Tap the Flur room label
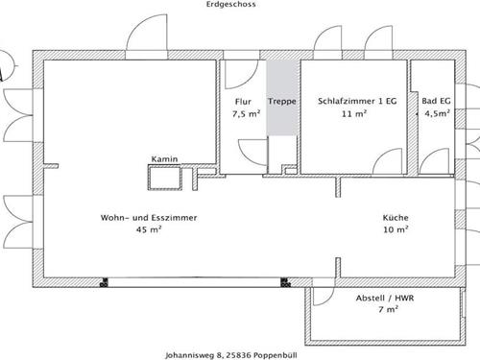tap(243, 102)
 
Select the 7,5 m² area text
tap(246, 114)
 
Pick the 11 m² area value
tap(353, 114)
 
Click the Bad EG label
tap(437, 102)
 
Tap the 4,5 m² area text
tap(437, 114)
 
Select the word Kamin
tap(164, 159)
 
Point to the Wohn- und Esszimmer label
tap(149, 218)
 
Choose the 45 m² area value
tap(149, 230)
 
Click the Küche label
tap(396, 218)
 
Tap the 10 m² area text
tap(396, 230)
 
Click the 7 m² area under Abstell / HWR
tap(387, 310)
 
